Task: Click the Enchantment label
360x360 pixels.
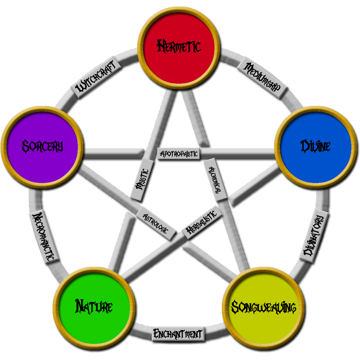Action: pos(177,333)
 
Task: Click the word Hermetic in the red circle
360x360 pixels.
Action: pos(179,46)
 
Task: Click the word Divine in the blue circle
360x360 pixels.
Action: pos(315,146)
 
